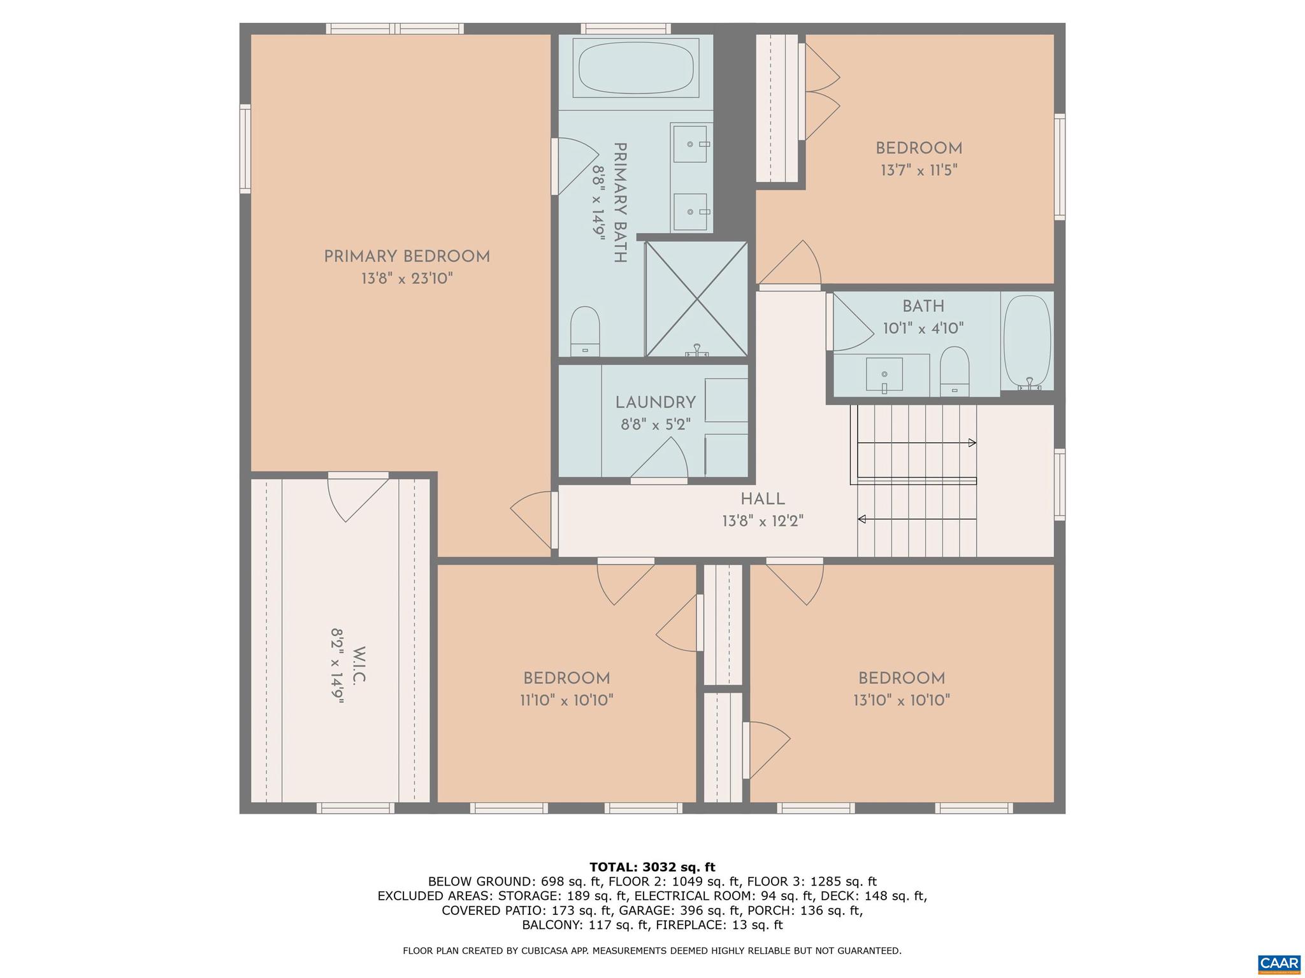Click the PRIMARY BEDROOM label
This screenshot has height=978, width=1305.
click(407, 257)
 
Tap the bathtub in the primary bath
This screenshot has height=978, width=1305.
click(635, 68)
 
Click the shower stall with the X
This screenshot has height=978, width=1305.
click(696, 299)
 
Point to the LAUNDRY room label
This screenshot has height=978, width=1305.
click(655, 402)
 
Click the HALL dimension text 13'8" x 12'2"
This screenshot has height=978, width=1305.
click(762, 521)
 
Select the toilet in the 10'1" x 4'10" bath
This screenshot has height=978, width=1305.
click(954, 371)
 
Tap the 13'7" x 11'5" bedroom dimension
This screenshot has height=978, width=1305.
click(918, 171)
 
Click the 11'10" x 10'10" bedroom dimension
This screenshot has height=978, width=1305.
click(566, 700)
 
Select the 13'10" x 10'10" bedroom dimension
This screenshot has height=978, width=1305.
click(901, 700)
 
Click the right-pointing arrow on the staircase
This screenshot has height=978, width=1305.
click(972, 443)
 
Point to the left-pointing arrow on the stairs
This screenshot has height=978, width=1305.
click(862, 519)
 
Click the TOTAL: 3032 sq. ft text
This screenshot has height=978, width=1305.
click(652, 867)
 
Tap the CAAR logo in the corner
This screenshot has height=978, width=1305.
click(1279, 962)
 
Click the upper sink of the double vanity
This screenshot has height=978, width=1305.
click(691, 144)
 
